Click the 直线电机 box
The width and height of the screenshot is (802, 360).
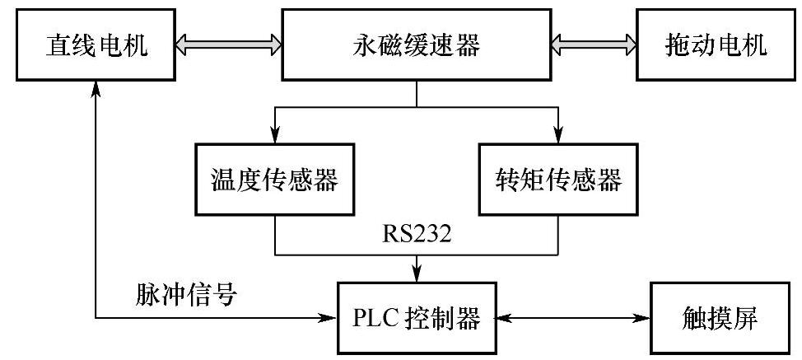(96, 46)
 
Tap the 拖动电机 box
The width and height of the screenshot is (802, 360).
(715, 46)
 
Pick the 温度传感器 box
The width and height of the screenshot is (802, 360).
(273, 180)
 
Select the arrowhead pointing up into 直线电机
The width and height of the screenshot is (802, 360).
(96, 86)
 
